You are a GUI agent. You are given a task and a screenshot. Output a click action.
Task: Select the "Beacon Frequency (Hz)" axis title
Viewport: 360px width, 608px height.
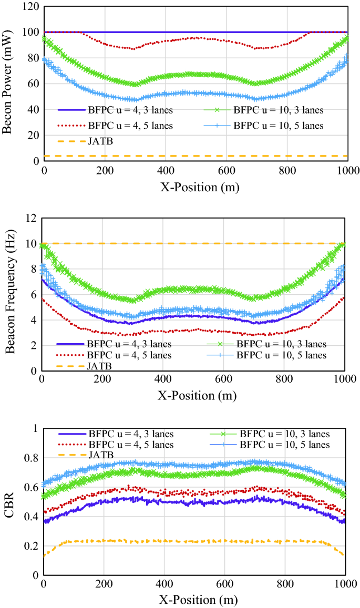point(8,294)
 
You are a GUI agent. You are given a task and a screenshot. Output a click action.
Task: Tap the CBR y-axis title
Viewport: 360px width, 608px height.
point(8,502)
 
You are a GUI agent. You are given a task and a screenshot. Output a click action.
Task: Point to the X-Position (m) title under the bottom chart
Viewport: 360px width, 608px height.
point(194,600)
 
